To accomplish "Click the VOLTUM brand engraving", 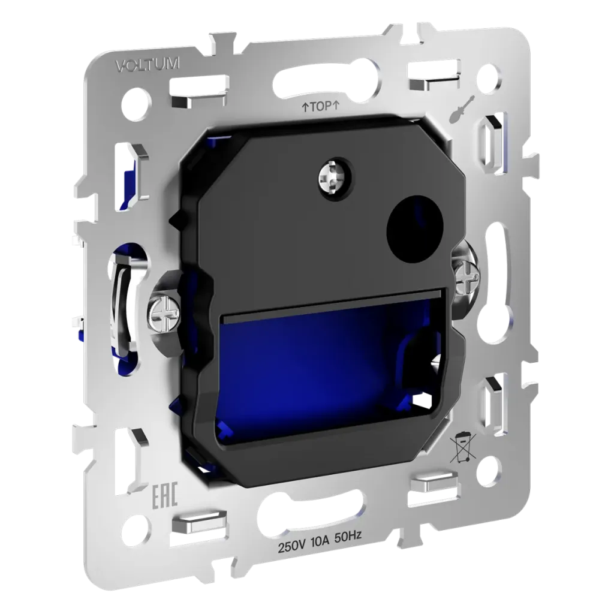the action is pos(148,65).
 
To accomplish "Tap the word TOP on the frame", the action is pos(321,107).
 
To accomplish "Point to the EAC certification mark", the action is pos(165,496).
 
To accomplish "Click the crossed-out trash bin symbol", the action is pos(463,447).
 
